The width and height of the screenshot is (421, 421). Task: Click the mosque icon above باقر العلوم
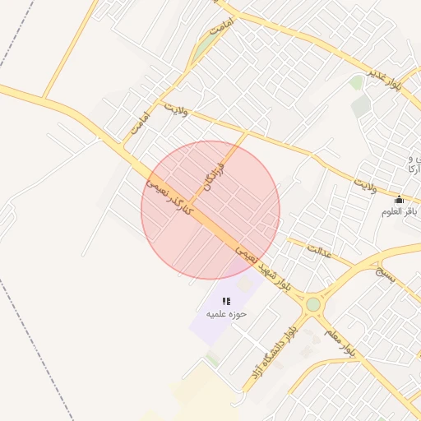399,199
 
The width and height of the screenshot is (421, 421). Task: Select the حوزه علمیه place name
226,314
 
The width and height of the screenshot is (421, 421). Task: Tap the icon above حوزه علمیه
226,302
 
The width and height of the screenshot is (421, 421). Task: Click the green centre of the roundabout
313,305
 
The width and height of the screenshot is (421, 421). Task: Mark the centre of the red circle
210,210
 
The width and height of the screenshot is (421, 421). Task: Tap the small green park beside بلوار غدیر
356,82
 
